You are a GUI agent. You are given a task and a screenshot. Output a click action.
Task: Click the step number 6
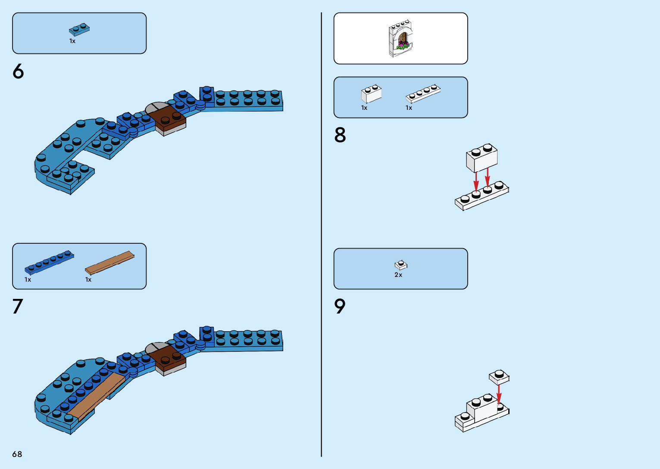[x=18, y=71]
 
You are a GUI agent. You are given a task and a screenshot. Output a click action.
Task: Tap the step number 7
[x=17, y=307]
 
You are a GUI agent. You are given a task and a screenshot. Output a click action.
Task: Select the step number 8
[x=340, y=135]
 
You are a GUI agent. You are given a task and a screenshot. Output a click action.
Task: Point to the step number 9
[x=340, y=306]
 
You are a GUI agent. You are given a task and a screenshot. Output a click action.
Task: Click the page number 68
[x=17, y=454]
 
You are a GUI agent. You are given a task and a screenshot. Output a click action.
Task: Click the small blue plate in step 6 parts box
[x=79, y=29]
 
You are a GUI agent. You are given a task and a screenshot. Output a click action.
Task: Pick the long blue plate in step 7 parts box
[x=49, y=262]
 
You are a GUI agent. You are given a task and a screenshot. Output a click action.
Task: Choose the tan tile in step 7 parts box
[x=110, y=262]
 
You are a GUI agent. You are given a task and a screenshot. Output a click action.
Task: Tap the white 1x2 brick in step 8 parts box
[x=371, y=94]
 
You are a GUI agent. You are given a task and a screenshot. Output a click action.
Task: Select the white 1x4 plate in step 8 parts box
[x=423, y=94]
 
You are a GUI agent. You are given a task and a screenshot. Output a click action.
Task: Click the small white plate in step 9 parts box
[x=401, y=265]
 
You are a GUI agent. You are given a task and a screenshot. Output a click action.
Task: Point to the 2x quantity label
[x=398, y=275]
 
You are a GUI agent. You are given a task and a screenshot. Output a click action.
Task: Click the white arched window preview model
[x=401, y=38]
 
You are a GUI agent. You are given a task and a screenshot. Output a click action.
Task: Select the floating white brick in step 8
[x=482, y=158]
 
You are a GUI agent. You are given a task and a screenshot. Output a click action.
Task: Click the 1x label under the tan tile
[x=88, y=280]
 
